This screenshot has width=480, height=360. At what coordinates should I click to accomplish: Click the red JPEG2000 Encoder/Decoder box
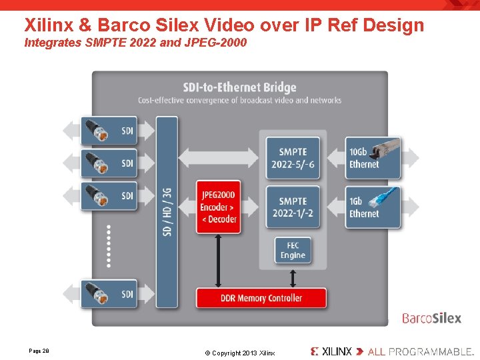tap(219, 207)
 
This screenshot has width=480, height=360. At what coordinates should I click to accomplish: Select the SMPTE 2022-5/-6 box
tap(293, 158)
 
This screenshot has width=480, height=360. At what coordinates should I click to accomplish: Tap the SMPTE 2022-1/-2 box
tap(293, 207)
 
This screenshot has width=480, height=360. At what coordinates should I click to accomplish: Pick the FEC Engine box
tap(293, 250)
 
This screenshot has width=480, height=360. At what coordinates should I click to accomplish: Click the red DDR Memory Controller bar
tap(261, 297)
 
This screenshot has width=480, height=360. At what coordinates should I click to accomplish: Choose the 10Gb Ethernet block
tap(373, 158)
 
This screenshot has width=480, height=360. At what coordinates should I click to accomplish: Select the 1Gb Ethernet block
tap(373, 207)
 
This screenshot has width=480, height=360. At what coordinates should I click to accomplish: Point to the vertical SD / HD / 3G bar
tap(167, 212)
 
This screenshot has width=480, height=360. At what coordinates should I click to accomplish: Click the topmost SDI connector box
tap(109, 131)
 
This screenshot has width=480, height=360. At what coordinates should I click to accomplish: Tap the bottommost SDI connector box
tap(109, 294)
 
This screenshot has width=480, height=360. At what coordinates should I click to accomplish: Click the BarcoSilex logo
tap(431, 318)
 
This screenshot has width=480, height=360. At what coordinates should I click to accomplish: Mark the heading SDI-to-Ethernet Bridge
tap(239, 87)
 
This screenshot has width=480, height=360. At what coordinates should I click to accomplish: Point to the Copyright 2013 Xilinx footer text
tap(239, 353)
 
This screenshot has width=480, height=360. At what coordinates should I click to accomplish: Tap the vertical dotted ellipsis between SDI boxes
tap(109, 246)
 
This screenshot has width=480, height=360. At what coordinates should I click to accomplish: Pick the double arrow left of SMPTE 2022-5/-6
tap(218, 158)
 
